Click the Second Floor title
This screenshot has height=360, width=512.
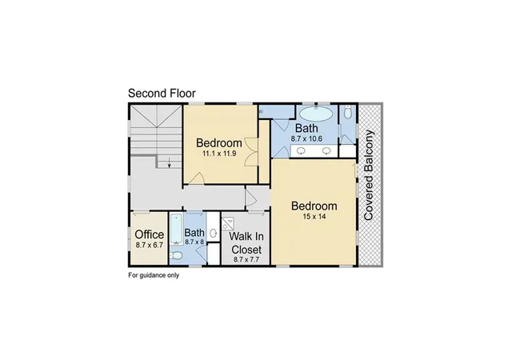[x=162, y=94]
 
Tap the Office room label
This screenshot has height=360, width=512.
[x=150, y=234]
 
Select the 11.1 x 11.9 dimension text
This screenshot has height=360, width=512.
[x=219, y=154]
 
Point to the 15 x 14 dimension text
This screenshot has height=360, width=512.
[x=314, y=217]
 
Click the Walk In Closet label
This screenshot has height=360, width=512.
[x=246, y=243]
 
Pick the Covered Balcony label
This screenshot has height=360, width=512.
[x=368, y=175]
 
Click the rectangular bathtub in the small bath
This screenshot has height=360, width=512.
[x=176, y=228]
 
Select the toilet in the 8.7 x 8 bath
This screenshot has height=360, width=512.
[x=176, y=256]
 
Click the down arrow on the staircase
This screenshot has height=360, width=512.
[x=169, y=162]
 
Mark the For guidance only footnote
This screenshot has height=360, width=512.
[x=154, y=275]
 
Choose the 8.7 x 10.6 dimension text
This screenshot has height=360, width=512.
[x=306, y=139]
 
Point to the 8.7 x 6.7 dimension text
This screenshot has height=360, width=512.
[x=150, y=245]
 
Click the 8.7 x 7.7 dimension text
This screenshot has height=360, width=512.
[x=246, y=260]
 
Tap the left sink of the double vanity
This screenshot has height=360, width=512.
[x=301, y=151]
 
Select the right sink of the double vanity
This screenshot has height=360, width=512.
[x=326, y=151]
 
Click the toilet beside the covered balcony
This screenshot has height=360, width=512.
[x=348, y=113]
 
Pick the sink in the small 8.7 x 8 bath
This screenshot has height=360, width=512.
[x=214, y=233]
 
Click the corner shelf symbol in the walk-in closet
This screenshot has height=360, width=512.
[x=227, y=224]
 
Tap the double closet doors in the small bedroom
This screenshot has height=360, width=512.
[x=251, y=153]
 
